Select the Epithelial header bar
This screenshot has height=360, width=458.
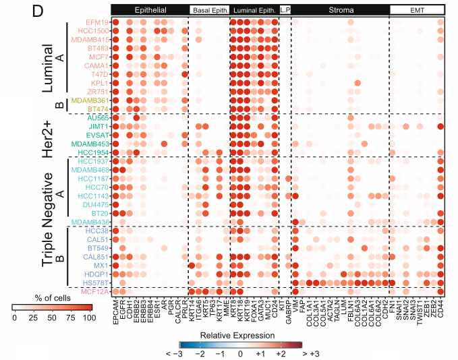pyautogui.click(x=149, y=11)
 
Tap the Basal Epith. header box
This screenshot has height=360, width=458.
pyautogui.click(x=209, y=11)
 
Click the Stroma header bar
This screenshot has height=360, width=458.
pyautogui.click(x=341, y=11)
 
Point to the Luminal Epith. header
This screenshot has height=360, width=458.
pyautogui.click(x=254, y=11)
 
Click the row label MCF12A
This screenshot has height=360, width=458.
pyautogui.click(x=94, y=291)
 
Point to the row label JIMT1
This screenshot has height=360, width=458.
pyautogui.click(x=98, y=126)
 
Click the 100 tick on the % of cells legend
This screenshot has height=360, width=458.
pyautogui.click(x=88, y=318)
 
